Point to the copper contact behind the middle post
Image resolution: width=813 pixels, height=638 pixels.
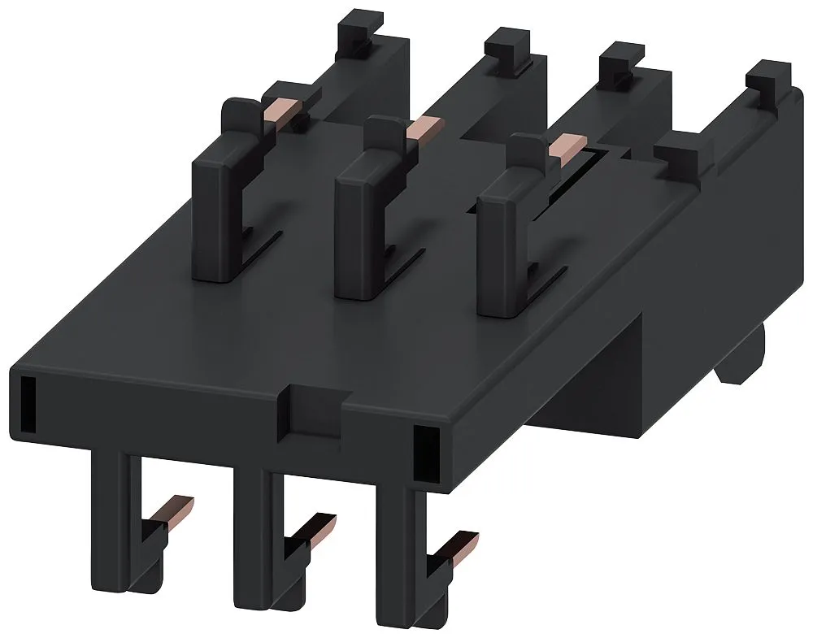(x=424, y=128)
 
